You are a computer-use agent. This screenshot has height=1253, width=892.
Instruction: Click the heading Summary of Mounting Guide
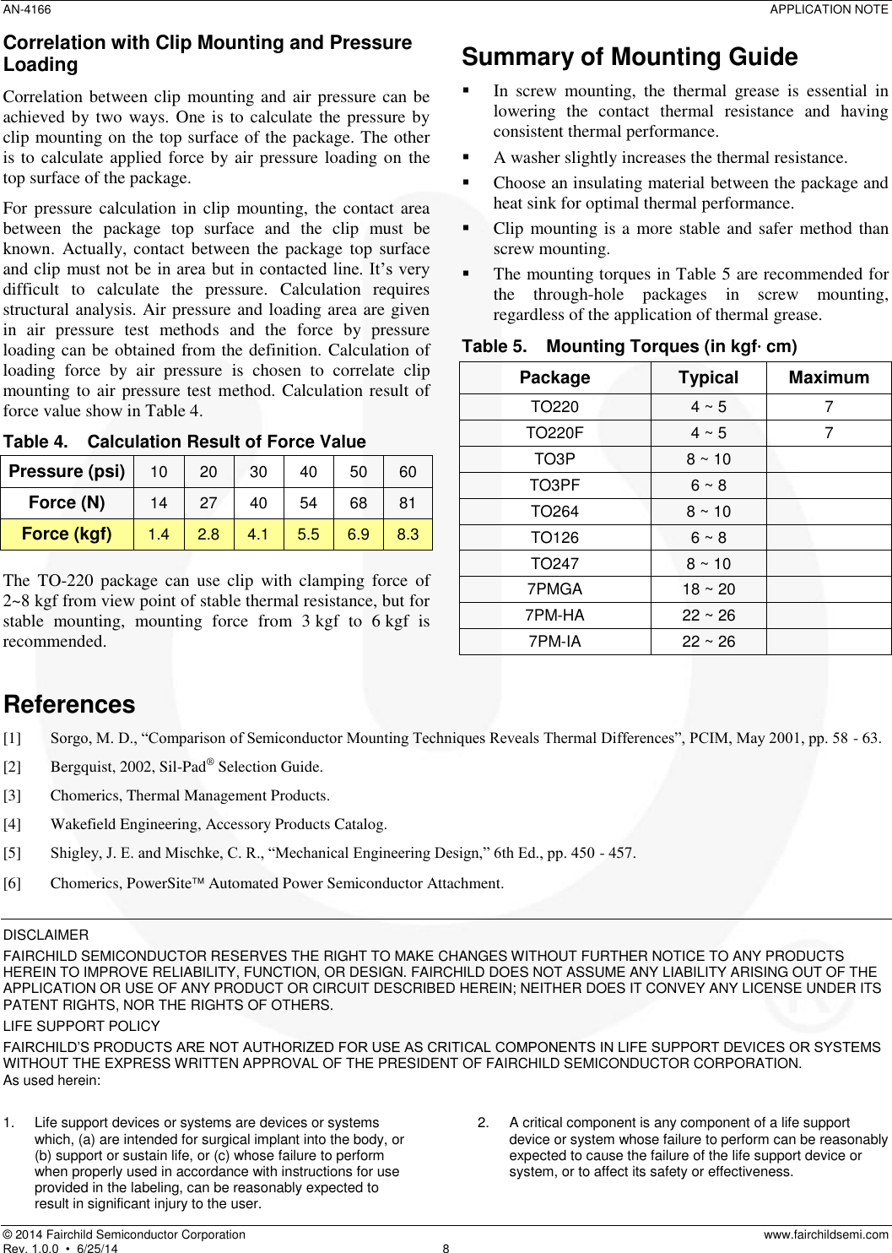629,57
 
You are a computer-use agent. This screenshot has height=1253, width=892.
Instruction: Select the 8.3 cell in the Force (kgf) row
408,534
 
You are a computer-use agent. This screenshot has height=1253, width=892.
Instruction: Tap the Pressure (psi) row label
67,471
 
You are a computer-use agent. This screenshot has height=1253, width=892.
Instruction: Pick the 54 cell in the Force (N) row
309,503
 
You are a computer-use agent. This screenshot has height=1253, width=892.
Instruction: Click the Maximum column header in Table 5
828,377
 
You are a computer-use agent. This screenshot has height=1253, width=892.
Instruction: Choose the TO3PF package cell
554,485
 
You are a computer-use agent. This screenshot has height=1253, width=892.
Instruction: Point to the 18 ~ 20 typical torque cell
708,589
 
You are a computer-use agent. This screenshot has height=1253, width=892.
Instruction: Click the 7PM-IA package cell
554,642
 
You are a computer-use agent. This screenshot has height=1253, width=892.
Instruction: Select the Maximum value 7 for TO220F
829,433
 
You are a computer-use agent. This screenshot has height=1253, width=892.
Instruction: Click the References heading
69,704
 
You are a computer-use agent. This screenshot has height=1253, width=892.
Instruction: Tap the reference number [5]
13,853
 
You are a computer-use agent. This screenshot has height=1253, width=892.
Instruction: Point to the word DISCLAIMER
46,936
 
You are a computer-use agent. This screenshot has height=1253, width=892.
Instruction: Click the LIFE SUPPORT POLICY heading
82,1027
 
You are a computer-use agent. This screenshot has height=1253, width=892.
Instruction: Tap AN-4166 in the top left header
27,9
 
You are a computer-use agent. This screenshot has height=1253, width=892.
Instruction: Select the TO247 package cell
554,564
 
